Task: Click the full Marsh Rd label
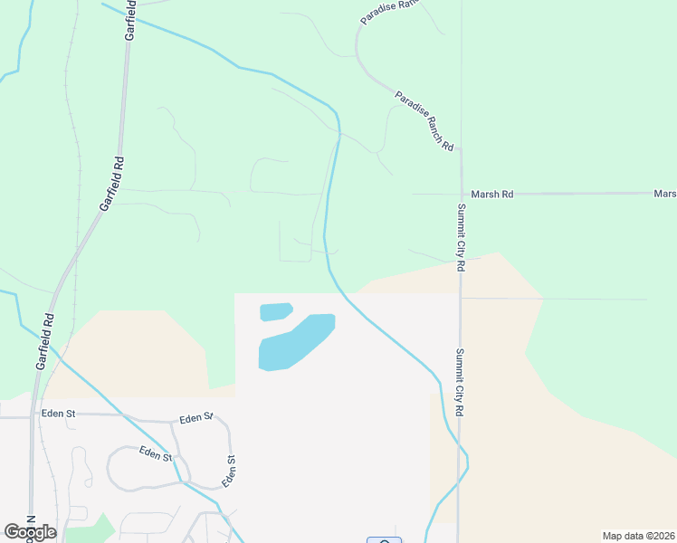pyautogui.click(x=492, y=194)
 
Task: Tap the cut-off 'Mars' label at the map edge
pyautogui.click(x=665, y=194)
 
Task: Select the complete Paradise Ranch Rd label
pyautogui.click(x=424, y=120)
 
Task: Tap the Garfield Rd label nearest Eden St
pyautogui.click(x=45, y=341)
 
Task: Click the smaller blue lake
pyautogui.click(x=276, y=311)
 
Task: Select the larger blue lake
pyautogui.click(x=297, y=341)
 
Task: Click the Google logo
pyautogui.click(x=30, y=531)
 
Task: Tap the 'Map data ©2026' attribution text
pyautogui.click(x=638, y=536)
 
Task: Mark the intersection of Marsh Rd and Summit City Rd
pyautogui.click(x=461, y=194)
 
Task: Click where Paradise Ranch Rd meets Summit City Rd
pyautogui.click(x=460, y=148)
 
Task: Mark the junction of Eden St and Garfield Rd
pyautogui.click(x=34, y=416)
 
